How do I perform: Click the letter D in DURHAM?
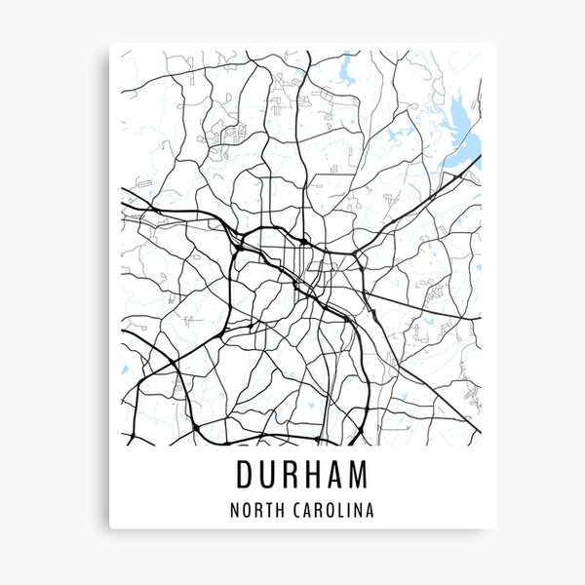pos(245,475)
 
